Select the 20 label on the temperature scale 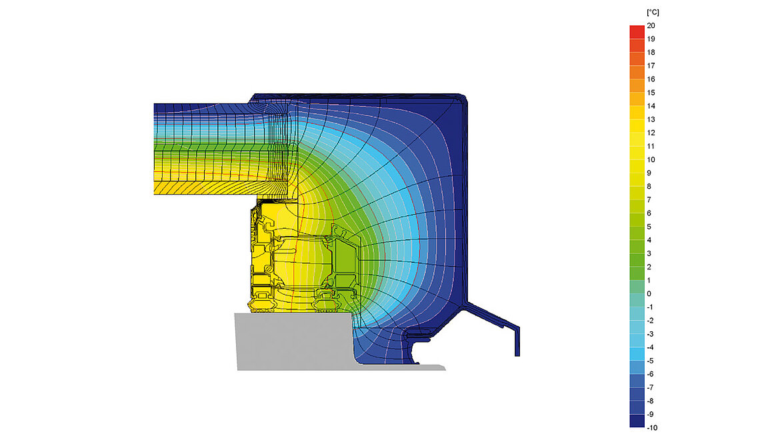[x=651, y=25]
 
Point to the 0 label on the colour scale [x=649, y=293]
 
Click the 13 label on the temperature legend [x=651, y=119]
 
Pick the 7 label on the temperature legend [x=649, y=199]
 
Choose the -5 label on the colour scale [x=650, y=361]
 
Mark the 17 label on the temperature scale [x=651, y=65]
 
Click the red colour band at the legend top [x=637, y=32]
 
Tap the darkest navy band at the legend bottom [x=637, y=421]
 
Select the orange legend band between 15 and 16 [x=637, y=86]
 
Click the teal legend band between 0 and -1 [x=637, y=300]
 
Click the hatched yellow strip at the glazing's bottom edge [x=200, y=188]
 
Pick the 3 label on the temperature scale [x=649, y=253]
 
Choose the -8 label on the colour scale [x=650, y=401]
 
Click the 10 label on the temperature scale [x=651, y=159]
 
